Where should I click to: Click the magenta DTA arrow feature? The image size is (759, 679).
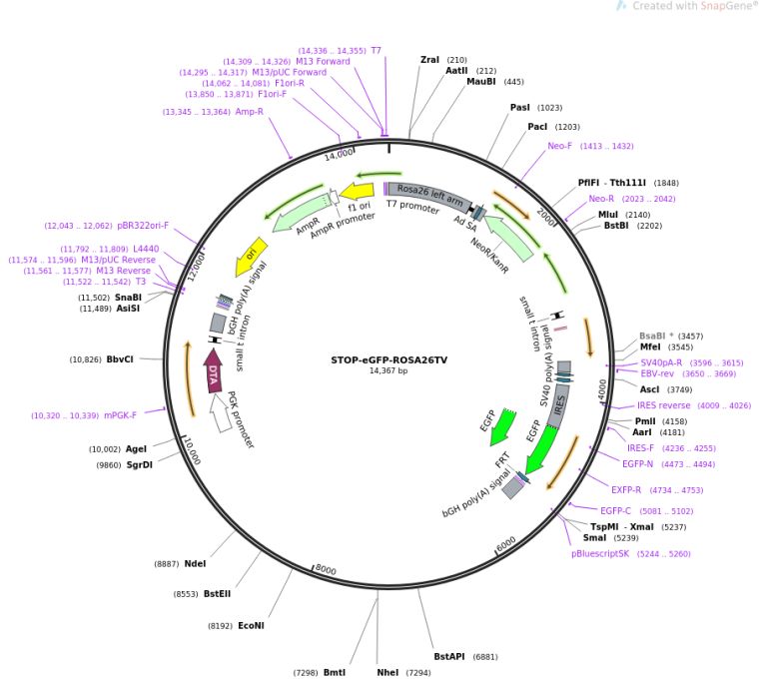coord(213,370)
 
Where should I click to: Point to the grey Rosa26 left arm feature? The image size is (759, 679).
coord(429,194)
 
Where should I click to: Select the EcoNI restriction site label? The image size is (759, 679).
coord(251,626)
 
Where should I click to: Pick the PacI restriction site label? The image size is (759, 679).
coord(538,127)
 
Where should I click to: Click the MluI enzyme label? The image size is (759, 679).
coord(608,215)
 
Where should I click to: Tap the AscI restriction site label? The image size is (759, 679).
coord(650,389)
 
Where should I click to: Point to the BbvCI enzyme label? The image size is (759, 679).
coord(120,359)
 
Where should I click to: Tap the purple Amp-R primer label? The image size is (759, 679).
coord(249,112)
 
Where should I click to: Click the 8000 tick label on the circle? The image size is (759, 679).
coord(327,570)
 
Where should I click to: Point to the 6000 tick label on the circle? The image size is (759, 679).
coord(504,542)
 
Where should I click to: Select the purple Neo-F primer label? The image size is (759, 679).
coord(560,146)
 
